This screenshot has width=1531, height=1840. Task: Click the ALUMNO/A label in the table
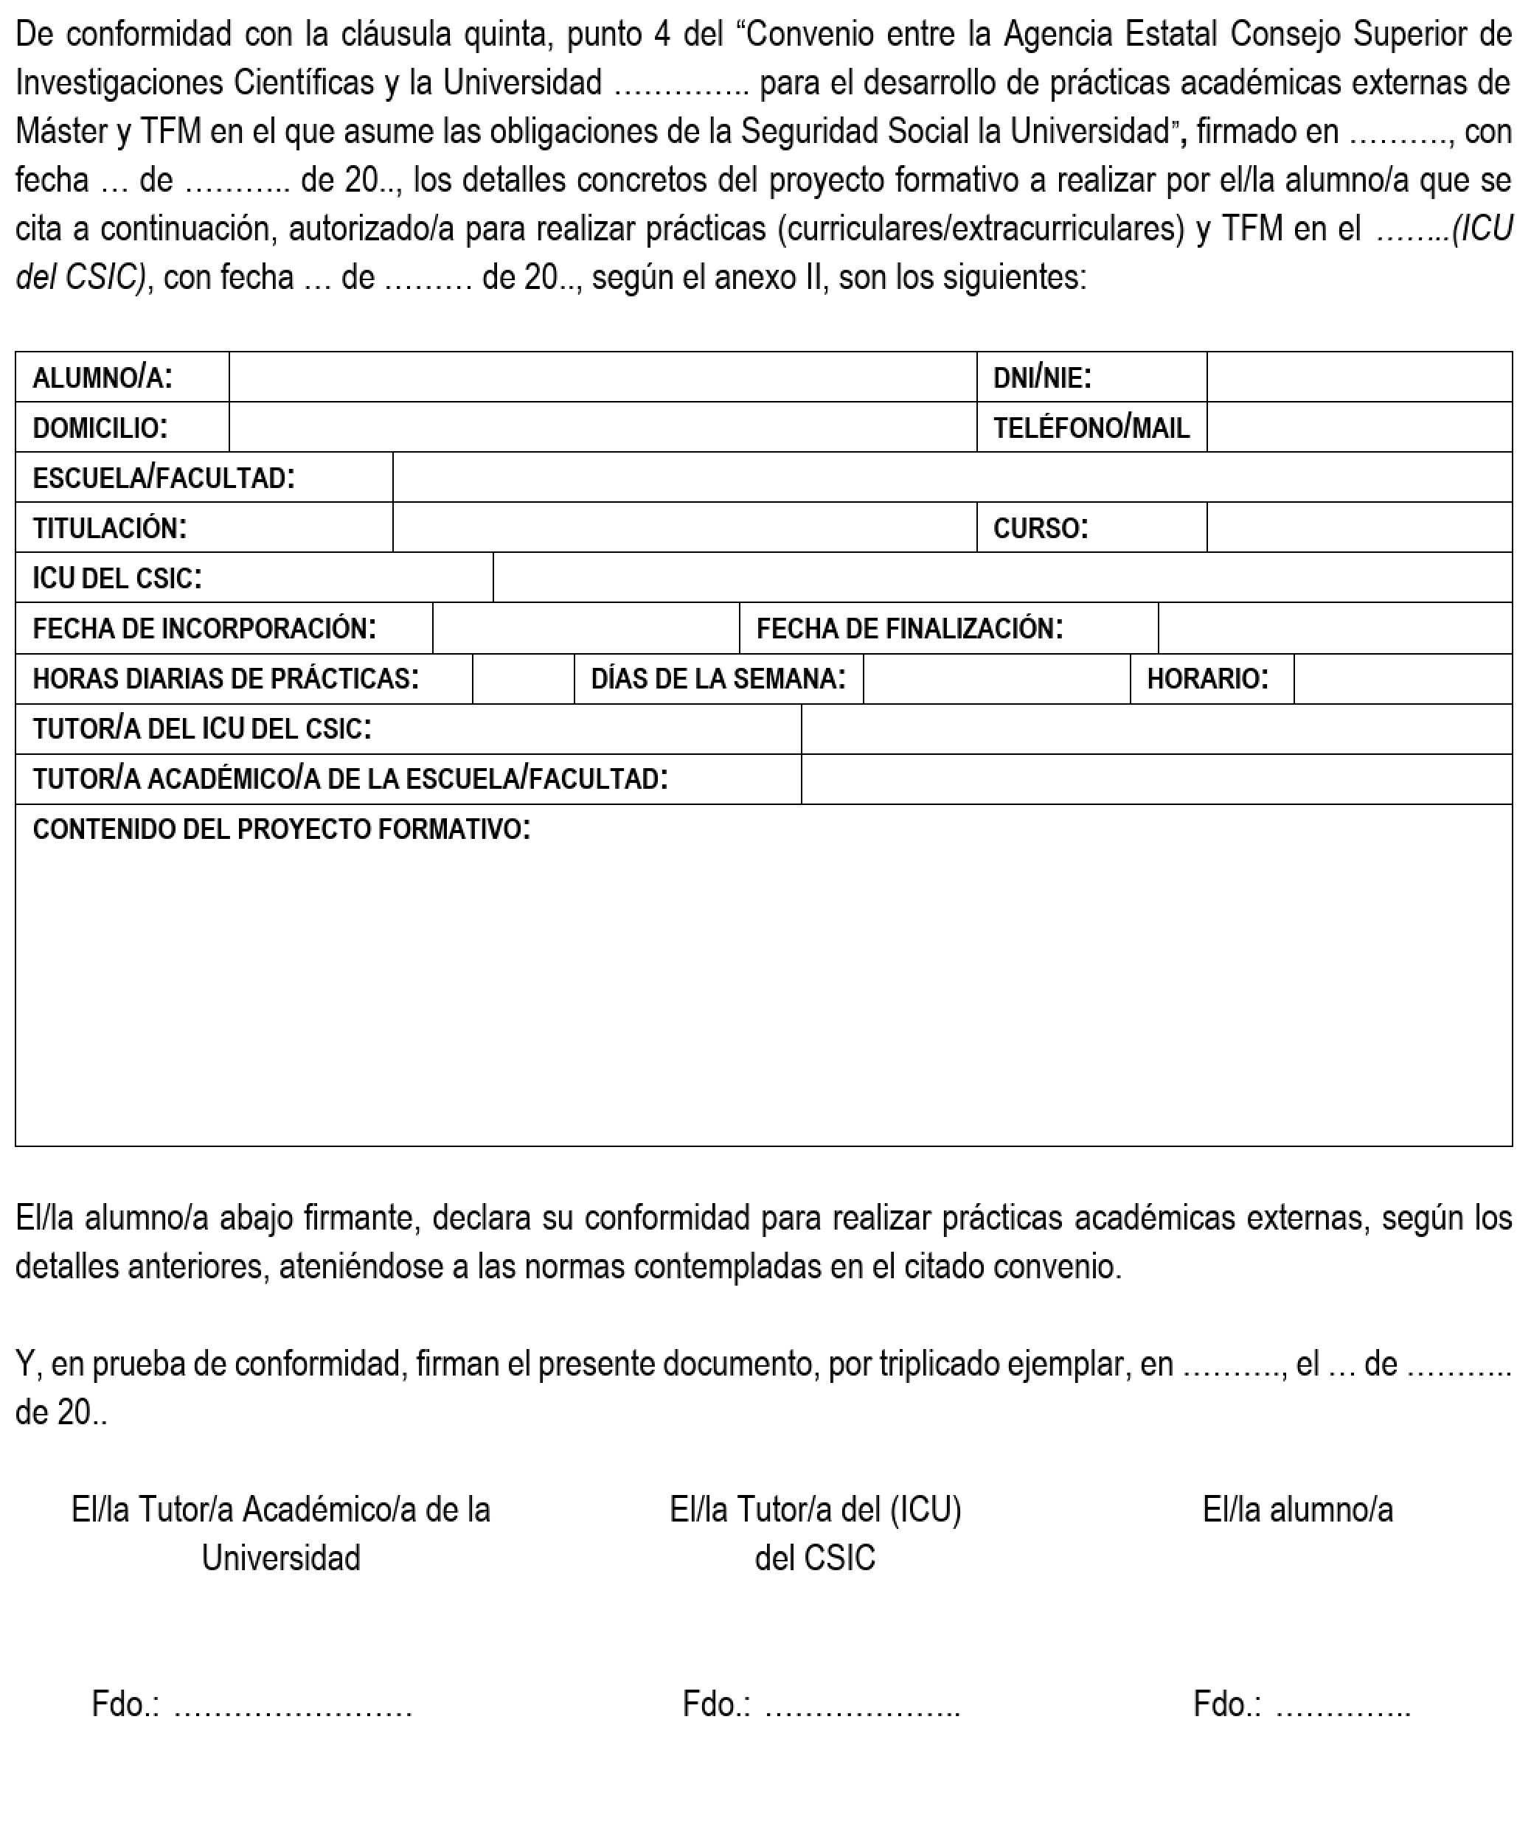tap(103, 377)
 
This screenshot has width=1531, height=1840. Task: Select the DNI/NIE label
tap(1041, 377)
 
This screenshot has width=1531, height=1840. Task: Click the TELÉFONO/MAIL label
tap(1090, 428)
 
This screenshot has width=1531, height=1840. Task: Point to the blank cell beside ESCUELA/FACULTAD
tap(952, 478)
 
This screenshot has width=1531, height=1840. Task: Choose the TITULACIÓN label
tap(110, 528)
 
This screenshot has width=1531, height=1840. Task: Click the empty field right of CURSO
tap(1358, 528)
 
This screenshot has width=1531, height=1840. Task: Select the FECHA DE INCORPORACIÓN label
tap(204, 628)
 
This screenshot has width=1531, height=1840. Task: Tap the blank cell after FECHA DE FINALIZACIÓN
tap(1334, 628)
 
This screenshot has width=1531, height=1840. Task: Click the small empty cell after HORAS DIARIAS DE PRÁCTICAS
tap(523, 679)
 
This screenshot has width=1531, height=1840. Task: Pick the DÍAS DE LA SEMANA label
tap(718, 679)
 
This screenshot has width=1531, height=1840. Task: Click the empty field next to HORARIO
tap(1402, 679)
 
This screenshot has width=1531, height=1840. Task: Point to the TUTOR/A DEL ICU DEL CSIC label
tap(201, 729)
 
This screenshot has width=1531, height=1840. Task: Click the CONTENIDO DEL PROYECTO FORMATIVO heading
tap(281, 829)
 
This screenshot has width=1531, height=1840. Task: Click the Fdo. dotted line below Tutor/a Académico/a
tap(293, 1704)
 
